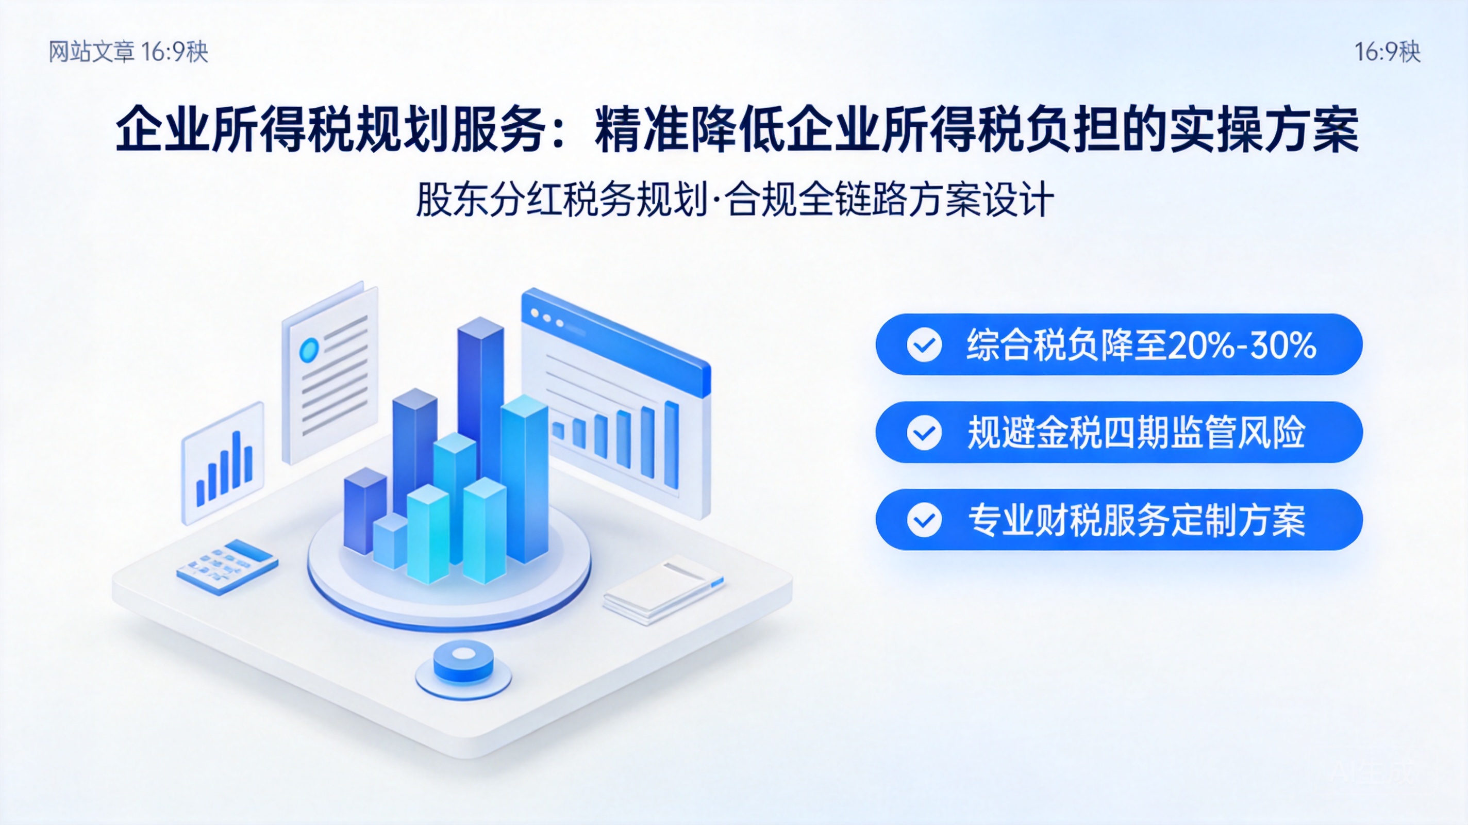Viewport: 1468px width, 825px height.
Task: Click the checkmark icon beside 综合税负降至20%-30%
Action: (924, 345)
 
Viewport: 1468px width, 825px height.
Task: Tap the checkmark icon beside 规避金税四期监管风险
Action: (924, 433)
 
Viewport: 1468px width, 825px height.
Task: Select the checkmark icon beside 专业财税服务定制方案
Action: (924, 520)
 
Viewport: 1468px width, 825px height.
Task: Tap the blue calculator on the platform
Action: (227, 567)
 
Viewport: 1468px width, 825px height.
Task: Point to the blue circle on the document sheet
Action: (309, 350)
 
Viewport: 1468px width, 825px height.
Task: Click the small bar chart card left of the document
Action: (223, 463)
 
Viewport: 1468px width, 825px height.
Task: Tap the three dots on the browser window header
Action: (546, 318)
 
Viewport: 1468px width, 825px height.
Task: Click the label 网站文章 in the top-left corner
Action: (91, 52)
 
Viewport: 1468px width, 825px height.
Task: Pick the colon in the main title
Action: (558, 133)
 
